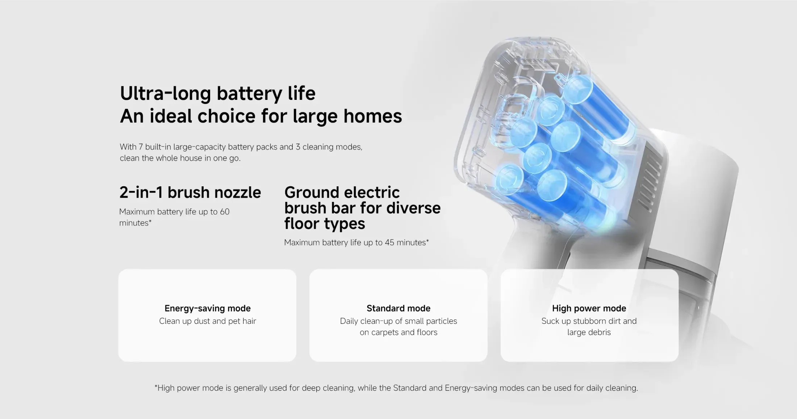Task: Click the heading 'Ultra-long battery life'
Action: [218, 94]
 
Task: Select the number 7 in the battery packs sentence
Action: [141, 147]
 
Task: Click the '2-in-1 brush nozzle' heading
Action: [190, 192]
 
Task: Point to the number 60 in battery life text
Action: [225, 212]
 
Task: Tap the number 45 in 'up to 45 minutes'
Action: [389, 242]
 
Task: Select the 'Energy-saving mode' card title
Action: [208, 308]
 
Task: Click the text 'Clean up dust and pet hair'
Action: [208, 321]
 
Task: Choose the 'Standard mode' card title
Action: [398, 308]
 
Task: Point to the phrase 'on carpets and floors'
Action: [398, 332]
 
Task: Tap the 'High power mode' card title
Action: [589, 308]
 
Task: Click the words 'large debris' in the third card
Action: [589, 332]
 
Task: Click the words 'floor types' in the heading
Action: [325, 224]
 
